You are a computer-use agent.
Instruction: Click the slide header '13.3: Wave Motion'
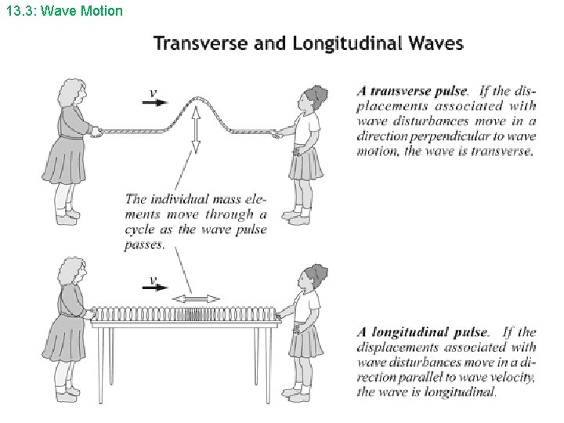pos(62,11)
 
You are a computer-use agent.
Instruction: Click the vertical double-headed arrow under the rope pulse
pos(196,132)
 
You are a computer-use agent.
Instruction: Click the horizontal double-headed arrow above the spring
pos(196,298)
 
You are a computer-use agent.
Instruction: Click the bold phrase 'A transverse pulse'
pos(411,92)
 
